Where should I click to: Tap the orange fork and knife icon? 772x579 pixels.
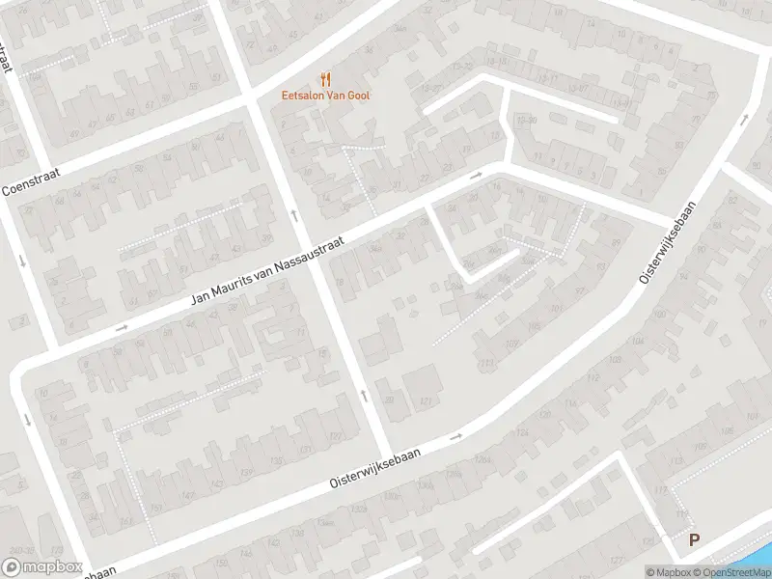coord(325,80)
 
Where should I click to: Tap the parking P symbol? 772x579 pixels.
coord(693,541)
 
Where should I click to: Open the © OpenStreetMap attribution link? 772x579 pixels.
coord(731,572)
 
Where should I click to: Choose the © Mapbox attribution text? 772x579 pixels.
coord(669,572)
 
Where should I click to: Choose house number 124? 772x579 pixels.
coord(522,433)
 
